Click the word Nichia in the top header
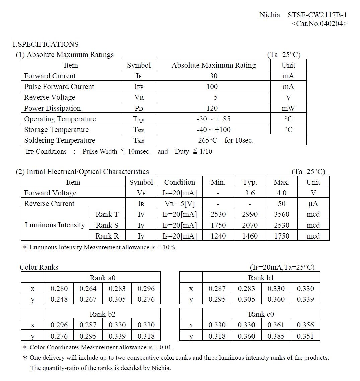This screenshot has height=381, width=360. pos(270,15)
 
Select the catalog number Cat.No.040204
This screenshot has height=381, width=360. pos(319,24)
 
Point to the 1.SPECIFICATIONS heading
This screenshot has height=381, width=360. pos(45,44)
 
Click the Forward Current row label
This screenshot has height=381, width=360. pos(50,76)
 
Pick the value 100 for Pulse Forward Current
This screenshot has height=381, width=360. pos(212,87)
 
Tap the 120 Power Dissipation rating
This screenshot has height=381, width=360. pos(212,108)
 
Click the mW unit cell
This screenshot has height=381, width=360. pos(288,108)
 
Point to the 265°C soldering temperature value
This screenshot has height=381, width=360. pos(208,140)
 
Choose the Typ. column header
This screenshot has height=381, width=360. pos(250,182)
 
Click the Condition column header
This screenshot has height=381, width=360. pos(179,182)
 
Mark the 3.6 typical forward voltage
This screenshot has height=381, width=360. pos(250,193)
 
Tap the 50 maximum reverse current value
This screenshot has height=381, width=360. pos(282,204)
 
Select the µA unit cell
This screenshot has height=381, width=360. pos(313,204)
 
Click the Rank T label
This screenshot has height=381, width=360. pos(107,214)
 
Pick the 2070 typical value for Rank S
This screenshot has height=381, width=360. pos(250,225)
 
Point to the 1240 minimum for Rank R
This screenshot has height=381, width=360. pos(218,236)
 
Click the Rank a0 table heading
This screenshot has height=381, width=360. pos(102,278)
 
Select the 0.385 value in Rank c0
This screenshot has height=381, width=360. pos(276,336)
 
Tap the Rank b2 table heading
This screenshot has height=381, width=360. pos(102,314)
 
